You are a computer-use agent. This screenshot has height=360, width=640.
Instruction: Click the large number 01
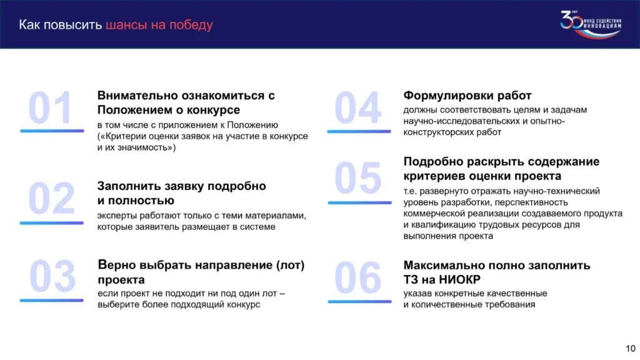coord(50,107)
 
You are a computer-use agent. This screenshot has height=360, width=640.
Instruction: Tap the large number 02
coord(51,198)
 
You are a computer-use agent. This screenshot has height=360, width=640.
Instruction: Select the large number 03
coord(52,276)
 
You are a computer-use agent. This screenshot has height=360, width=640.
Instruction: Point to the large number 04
coord(358,107)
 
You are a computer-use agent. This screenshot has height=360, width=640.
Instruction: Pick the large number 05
coord(358,178)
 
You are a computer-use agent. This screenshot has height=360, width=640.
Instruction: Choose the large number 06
coord(358,277)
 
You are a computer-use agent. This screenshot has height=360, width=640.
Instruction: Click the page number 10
coord(631,349)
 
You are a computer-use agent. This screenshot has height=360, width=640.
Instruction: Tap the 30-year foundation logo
coord(591,24)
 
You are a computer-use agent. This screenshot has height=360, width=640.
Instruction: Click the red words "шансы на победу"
coord(159,25)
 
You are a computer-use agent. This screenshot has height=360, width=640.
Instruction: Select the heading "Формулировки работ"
coord(467,96)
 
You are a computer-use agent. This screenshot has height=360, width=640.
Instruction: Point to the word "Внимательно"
coord(137,96)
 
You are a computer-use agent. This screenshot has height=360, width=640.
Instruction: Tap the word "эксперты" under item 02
coord(117,216)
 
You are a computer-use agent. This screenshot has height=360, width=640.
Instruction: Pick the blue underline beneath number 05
coord(359,202)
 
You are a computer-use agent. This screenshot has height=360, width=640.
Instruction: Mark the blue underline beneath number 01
coord(52,131)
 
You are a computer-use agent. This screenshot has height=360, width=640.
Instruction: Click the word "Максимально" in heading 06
coord(444,265)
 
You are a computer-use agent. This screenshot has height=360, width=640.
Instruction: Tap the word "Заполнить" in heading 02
coord(129,186)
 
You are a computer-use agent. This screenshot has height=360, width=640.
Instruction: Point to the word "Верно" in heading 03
coord(117,265)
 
